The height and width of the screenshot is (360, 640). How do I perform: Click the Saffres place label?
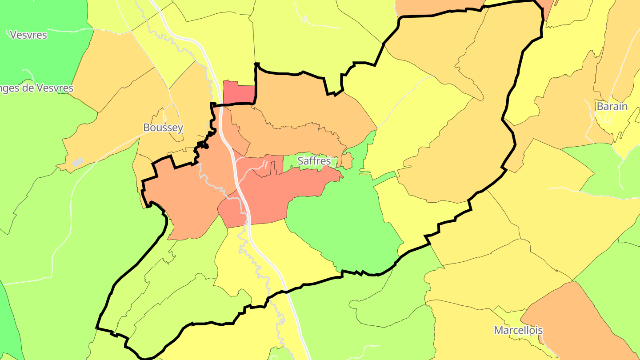314,161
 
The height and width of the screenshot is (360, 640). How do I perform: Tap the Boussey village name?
163,128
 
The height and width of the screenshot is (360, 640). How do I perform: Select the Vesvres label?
28,35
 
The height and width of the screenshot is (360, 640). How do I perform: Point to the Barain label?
612,107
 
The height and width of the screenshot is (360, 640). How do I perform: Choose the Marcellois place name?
518,331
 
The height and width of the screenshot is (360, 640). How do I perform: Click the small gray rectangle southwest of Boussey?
77,162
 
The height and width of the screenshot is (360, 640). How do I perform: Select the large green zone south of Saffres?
347,227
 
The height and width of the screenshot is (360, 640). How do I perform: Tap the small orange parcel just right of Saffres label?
347,161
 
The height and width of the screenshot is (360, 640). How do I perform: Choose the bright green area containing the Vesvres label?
40,53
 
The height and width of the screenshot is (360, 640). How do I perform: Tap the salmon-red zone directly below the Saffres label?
284,191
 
